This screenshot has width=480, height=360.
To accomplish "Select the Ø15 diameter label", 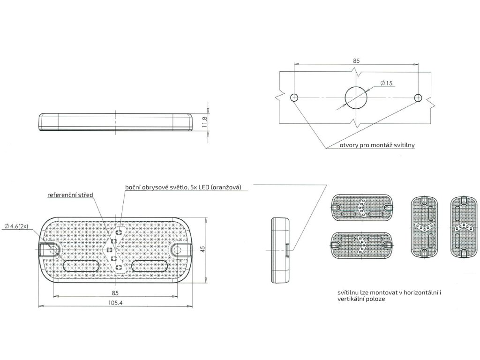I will pyautogui.click(x=386, y=83).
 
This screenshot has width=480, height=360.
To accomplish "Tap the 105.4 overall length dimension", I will pyautogui.click(x=115, y=303).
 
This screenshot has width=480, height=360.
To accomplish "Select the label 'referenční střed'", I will pyautogui.click(x=70, y=194).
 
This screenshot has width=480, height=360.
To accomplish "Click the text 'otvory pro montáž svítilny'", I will pyautogui.click(x=377, y=145).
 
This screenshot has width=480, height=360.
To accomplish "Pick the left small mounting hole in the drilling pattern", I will pyautogui.click(x=294, y=97).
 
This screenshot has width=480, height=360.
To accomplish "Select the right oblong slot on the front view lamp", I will pyautogui.click(x=149, y=266).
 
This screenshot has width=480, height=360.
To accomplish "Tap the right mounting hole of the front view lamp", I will pyautogui.click(x=177, y=249).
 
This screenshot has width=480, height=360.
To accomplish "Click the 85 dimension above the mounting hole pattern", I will pyautogui.click(x=356, y=60).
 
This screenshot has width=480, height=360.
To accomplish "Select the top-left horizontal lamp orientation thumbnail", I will pyautogui.click(x=361, y=207).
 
